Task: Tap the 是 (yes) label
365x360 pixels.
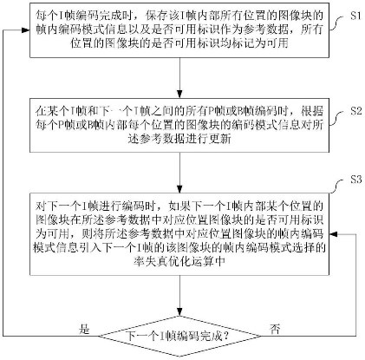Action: click(x=84, y=330)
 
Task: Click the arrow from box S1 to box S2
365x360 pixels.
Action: click(x=180, y=84)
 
